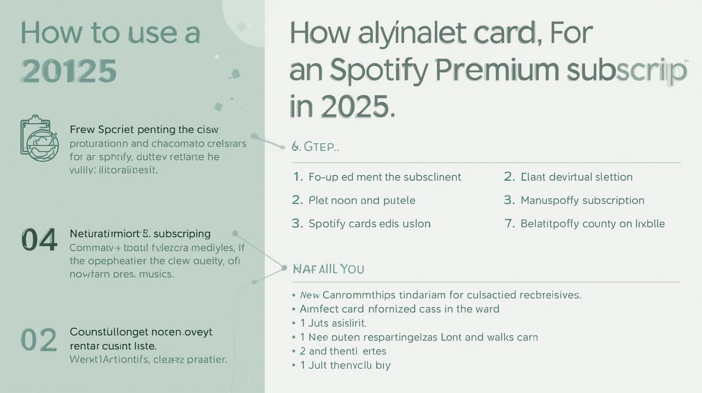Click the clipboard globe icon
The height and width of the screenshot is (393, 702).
pyautogui.click(x=39, y=139)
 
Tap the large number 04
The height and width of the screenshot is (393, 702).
pyautogui.click(x=39, y=240)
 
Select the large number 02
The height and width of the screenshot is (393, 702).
pyautogui.click(x=39, y=340)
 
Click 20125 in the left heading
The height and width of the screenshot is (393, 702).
pyautogui.click(x=69, y=71)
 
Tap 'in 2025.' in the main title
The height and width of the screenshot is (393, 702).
pyautogui.click(x=342, y=106)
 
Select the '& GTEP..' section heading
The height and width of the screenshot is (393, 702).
pyautogui.click(x=315, y=146)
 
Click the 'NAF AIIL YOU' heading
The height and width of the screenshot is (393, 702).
pyautogui.click(x=328, y=268)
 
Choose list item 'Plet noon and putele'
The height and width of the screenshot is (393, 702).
pyautogui.click(x=362, y=200)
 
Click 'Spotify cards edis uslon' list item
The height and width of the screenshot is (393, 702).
pyautogui.click(x=369, y=224)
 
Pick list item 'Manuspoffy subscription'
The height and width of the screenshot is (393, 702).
pyautogui.click(x=582, y=200)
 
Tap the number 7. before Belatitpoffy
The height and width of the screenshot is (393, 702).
pyautogui.click(x=509, y=224)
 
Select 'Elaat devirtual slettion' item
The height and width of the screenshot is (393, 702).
pyautogui.click(x=576, y=177)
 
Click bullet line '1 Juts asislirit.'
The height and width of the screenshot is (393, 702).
pyautogui.click(x=333, y=323)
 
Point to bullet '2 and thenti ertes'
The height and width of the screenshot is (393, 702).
pyautogui.click(x=342, y=351)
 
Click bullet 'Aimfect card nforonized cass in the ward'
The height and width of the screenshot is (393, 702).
pyautogui.click(x=399, y=309)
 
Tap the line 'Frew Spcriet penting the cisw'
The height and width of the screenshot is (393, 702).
pyautogui.click(x=144, y=130)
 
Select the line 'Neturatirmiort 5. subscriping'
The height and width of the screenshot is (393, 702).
pyautogui.click(x=140, y=234)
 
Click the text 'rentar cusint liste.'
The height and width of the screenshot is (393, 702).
pyautogui.click(x=113, y=346)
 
